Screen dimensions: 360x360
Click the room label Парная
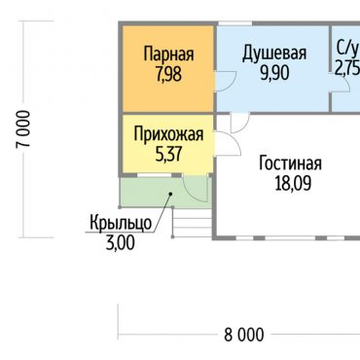[x=168, y=54]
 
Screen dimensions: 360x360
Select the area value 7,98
[x=168, y=75]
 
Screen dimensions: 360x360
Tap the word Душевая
[x=274, y=54]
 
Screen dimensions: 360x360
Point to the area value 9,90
[x=274, y=74]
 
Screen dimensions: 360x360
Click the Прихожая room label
[x=168, y=134]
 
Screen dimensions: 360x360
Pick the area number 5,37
[x=168, y=155]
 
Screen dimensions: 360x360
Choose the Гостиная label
[x=290, y=163]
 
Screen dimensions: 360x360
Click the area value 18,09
[x=293, y=183]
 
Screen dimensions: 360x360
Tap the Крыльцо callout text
[x=121, y=223]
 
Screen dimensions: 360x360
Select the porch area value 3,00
[x=121, y=243]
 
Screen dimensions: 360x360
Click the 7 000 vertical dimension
[x=23, y=129]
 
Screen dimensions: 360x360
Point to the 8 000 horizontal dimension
[x=244, y=335]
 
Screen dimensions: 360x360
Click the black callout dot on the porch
[x=170, y=194]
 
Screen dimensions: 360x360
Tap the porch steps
[x=192, y=224]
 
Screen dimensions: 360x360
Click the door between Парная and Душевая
[x=226, y=81]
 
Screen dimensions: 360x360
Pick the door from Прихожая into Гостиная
[x=228, y=145]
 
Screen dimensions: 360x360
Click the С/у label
[x=348, y=50]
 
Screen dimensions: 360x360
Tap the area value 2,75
[x=347, y=68]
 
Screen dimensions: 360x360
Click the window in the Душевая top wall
[x=235, y=23]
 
